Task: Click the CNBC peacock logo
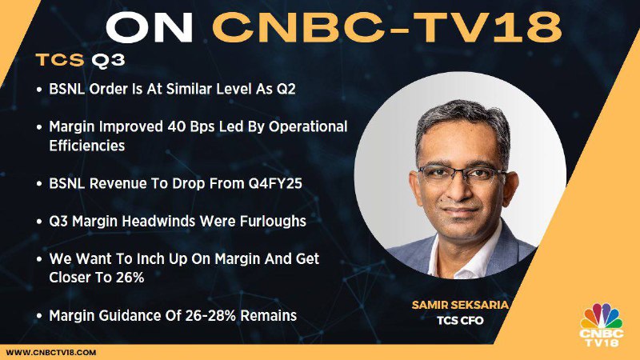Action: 602,325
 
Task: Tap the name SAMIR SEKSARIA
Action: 460,305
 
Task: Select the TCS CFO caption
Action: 460,321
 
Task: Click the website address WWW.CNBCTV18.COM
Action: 51,352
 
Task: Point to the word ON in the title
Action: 149,27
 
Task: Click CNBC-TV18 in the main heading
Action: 386,27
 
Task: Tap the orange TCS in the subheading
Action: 59,60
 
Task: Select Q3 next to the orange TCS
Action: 108,61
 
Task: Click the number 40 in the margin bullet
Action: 176,126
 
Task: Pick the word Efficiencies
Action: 87,146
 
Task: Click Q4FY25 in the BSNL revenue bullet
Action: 275,184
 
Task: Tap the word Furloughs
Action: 273,222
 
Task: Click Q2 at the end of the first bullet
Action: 286,89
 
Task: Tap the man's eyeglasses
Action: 462,173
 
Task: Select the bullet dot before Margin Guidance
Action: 39,316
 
